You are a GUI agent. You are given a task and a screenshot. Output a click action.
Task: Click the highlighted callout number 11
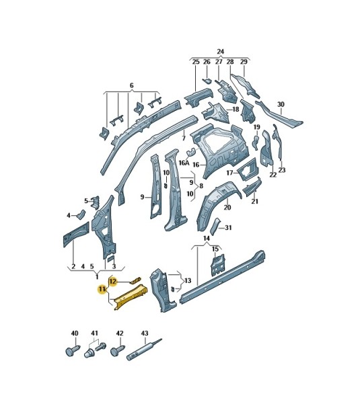coord(102,290)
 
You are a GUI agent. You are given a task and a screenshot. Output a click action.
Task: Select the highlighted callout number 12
coord(113,281)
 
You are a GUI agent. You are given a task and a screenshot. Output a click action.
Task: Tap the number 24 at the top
coord(221,52)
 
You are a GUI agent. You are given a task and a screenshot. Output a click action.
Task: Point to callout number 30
coord(281,104)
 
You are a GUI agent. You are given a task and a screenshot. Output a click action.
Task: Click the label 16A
coord(184,163)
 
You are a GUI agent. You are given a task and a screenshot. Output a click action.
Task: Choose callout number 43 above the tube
coord(145,333)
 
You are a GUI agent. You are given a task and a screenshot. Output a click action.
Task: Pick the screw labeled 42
coord(118,351)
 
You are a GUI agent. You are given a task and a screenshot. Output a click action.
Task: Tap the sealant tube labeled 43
coord(144,350)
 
